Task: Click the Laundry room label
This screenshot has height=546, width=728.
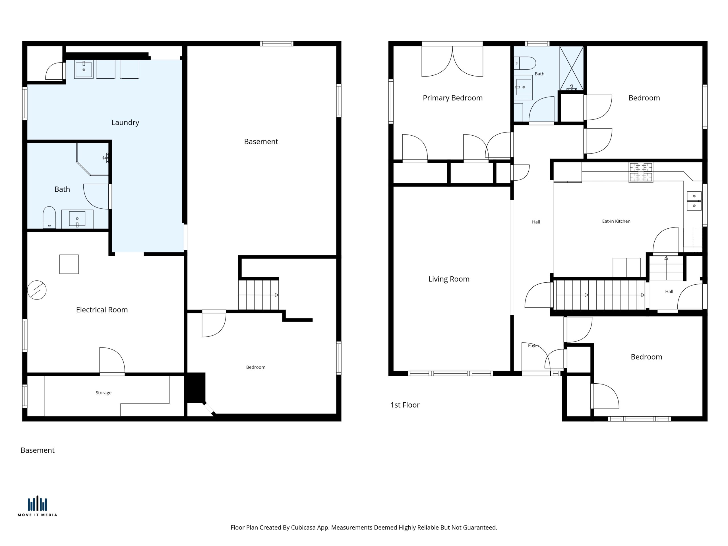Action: (x=125, y=123)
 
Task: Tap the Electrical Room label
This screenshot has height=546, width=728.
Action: (x=102, y=310)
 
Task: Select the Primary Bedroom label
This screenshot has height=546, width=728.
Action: (x=452, y=98)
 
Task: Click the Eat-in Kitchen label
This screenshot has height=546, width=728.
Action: (x=616, y=221)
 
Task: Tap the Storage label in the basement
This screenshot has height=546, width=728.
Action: (x=103, y=393)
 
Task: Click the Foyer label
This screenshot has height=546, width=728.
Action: (x=533, y=346)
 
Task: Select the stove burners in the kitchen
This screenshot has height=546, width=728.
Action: (x=641, y=172)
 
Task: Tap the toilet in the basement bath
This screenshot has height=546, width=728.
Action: (x=49, y=217)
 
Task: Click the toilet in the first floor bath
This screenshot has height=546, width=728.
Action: (x=525, y=63)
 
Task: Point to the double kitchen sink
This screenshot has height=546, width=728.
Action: (x=694, y=201)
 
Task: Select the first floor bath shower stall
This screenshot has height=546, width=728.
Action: (x=572, y=68)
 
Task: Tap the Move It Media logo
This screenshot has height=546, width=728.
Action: (x=37, y=506)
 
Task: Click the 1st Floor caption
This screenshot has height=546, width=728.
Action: (x=405, y=405)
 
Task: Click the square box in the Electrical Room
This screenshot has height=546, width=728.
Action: (x=69, y=264)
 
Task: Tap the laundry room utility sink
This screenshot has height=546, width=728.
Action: (x=84, y=69)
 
